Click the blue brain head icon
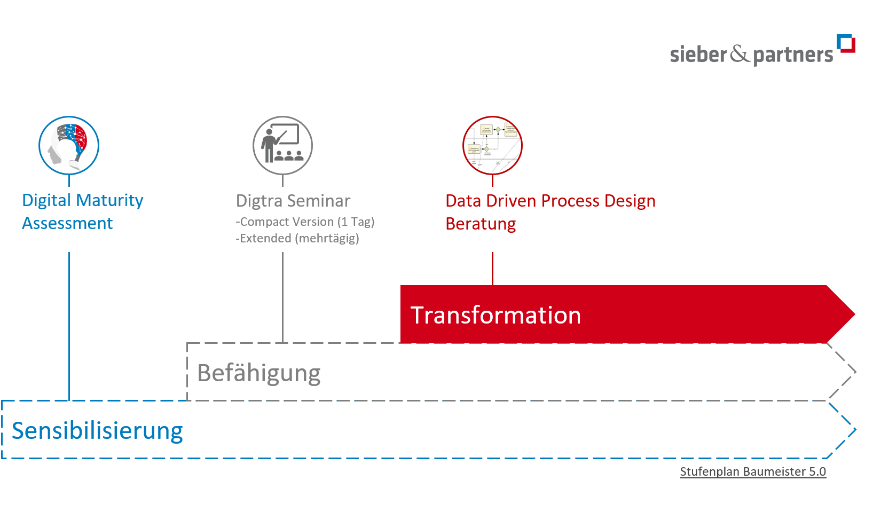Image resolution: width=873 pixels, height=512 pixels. pos(69,145)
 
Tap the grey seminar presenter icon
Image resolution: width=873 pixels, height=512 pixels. pos(282,145)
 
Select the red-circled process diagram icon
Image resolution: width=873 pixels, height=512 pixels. pos(492,145)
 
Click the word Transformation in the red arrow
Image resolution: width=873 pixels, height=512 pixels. pos(495,315)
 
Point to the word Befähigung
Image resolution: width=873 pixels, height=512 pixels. pos(259,373)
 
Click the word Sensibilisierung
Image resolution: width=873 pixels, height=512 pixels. pos(97,431)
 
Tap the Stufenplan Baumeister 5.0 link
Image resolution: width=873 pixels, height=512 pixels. pos(753,471)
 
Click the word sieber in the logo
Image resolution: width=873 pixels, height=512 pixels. pos(698,54)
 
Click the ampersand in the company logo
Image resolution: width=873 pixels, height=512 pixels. pos(740,54)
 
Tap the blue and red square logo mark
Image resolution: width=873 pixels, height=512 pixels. pos(846,43)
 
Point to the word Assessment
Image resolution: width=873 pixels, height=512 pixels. pos(67,223)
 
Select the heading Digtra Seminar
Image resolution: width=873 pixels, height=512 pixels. pos(293,201)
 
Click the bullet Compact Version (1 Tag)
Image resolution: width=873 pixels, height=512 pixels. pos(305,222)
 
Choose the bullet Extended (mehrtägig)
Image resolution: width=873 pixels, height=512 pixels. pos(298,238)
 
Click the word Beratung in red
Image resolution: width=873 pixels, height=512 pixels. pos(481,224)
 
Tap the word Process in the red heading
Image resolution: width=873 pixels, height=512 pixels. pos(570,201)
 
